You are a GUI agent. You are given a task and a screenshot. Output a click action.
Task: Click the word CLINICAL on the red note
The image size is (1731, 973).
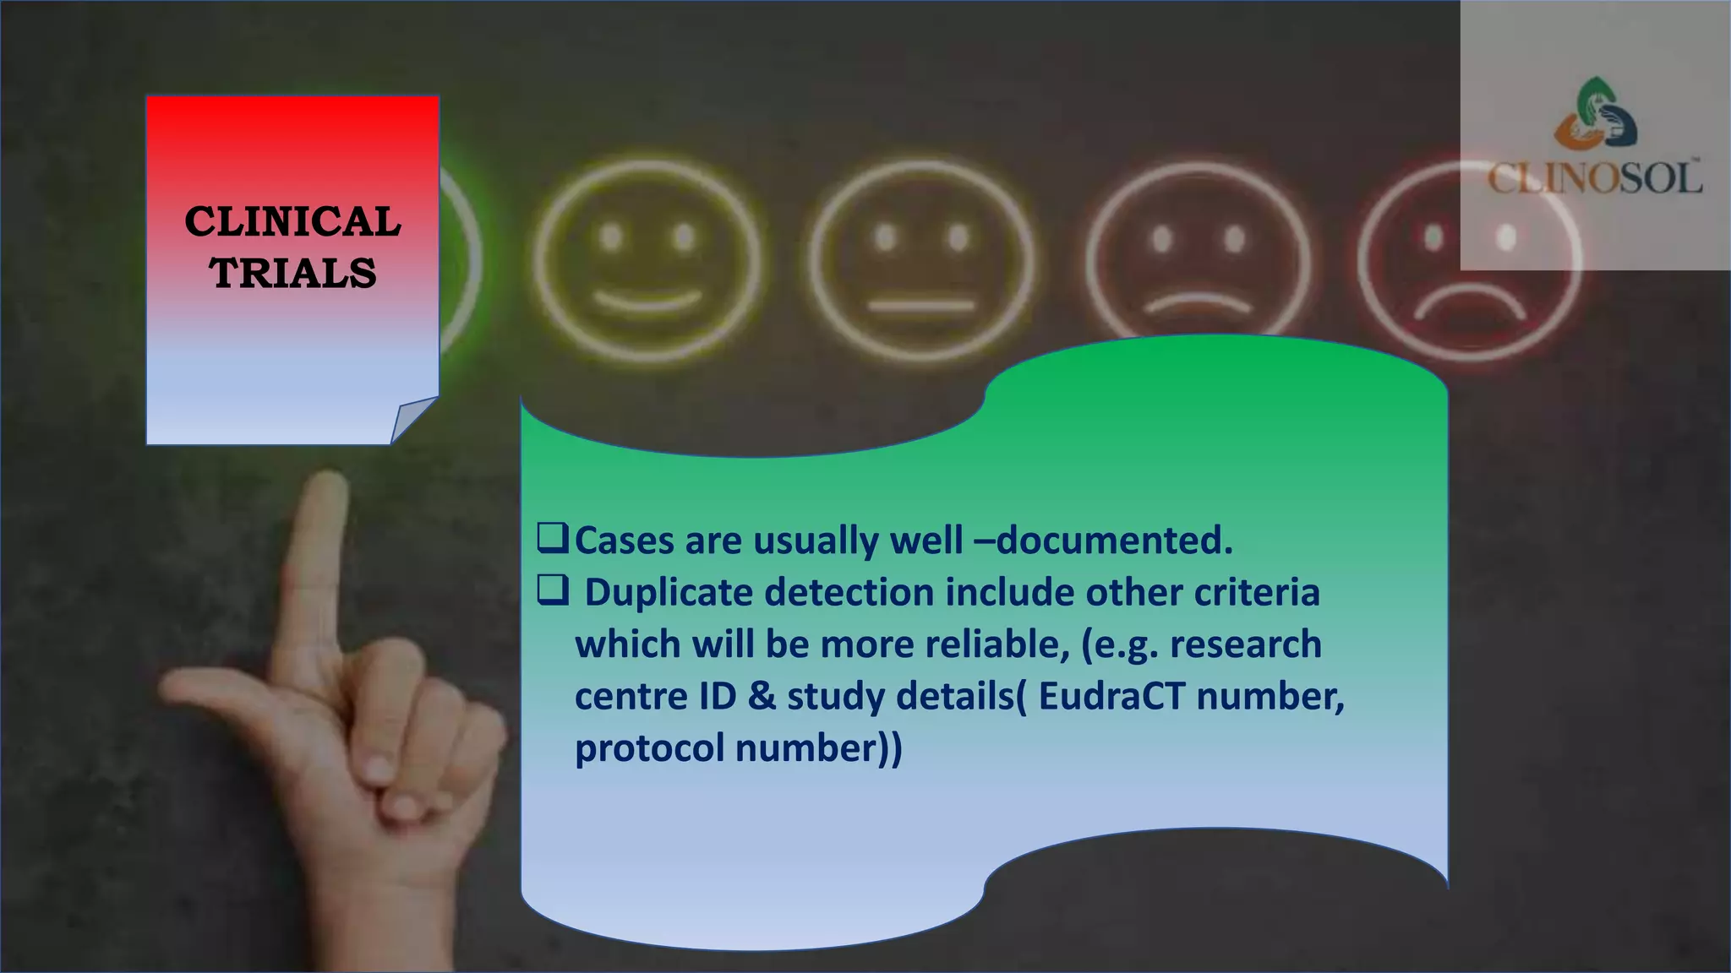pyautogui.click(x=292, y=221)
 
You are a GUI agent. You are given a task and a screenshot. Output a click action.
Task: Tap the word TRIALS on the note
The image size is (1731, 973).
pyautogui.click(x=293, y=273)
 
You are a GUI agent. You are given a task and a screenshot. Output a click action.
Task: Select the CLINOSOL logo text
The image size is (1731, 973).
pyautogui.click(x=1595, y=178)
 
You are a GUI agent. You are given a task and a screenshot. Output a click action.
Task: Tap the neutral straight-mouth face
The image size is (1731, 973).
pyautogui.click(x=921, y=262)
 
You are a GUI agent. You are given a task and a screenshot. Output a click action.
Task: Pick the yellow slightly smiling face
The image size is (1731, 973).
pyautogui.click(x=647, y=262)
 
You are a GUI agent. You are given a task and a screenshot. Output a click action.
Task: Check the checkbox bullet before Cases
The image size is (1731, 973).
pyautogui.click(x=552, y=539)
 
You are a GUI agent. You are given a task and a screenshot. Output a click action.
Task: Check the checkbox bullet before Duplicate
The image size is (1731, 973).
pyautogui.click(x=552, y=591)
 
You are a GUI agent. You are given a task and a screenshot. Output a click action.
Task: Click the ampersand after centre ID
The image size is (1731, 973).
pyautogui.click(x=762, y=696)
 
